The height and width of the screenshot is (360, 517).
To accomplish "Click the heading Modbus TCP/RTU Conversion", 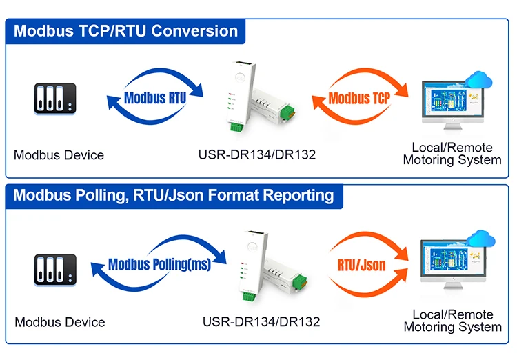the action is pyautogui.click(x=125, y=31).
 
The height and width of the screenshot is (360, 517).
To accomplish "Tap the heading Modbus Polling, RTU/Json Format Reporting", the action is pyautogui.click(x=173, y=194).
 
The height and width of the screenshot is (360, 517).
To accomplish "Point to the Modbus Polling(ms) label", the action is pyautogui.click(x=160, y=263).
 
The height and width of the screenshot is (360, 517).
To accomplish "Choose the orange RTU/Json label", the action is pyautogui.click(x=362, y=264).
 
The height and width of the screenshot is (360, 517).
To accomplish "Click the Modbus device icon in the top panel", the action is pyautogui.click(x=55, y=99).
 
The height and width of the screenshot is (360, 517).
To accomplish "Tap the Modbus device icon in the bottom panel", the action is pyautogui.click(x=55, y=270).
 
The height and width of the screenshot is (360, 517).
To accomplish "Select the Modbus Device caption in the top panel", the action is pyautogui.click(x=59, y=155).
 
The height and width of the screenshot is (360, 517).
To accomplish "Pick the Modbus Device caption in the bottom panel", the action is pyautogui.click(x=60, y=322).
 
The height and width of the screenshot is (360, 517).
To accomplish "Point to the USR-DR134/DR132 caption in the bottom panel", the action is pyautogui.click(x=261, y=322).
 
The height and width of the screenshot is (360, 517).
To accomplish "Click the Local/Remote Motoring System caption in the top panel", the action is pyautogui.click(x=452, y=154).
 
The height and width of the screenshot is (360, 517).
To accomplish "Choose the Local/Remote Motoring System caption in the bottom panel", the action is pyautogui.click(x=453, y=321).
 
